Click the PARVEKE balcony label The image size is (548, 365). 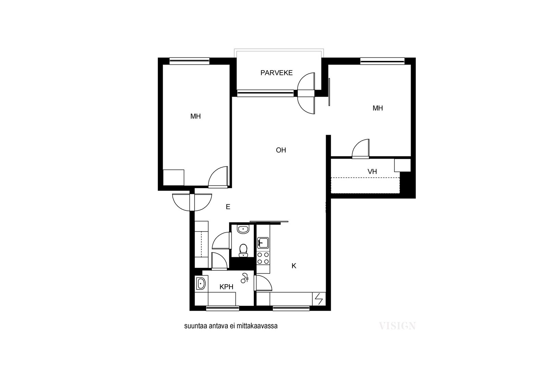tap(276, 73)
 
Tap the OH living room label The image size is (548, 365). tap(281, 150)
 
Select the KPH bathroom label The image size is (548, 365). tap(226, 287)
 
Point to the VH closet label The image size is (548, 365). tap(372, 171)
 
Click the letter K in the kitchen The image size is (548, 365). tap(294, 266)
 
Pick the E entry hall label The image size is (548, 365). tap(228, 207)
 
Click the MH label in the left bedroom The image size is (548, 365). tap(196, 116)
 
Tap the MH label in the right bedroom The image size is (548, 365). tap(378, 108)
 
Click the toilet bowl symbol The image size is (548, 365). tap(243, 250)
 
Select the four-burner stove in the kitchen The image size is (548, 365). tap(263, 258)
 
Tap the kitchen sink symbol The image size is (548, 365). tap(263, 243)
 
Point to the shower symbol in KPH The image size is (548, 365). tap(245, 278)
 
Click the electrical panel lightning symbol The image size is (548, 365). tap(319, 299)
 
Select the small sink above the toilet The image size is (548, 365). tap(243, 230)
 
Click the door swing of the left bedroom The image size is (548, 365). tap(218, 177)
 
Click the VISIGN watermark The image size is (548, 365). tap(397, 326)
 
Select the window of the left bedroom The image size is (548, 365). tap(189, 61)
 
